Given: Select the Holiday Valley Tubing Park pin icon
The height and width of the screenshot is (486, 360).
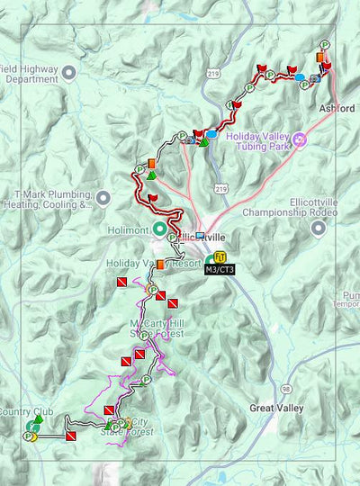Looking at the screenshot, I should tap(301, 139).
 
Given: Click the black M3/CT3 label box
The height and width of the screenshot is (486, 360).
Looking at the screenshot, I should tap(220, 268).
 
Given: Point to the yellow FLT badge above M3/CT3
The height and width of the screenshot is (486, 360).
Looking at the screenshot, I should tap(220, 256).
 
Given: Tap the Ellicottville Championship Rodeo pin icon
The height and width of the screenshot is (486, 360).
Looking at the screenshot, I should tap(317, 227).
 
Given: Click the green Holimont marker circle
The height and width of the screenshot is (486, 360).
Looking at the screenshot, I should tap(158, 228).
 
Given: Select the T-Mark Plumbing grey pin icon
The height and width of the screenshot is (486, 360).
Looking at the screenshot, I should tap(103, 197).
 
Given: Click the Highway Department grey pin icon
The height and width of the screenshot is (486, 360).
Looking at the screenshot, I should tap(68, 72).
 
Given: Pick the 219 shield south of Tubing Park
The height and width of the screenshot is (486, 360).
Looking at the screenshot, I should tap(220, 188).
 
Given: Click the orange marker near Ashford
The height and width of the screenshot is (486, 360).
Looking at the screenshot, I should tap(320, 58).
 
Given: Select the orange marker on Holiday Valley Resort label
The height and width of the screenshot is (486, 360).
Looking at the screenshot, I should tap(160, 265).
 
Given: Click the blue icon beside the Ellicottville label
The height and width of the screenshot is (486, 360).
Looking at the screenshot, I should tap(199, 237).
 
